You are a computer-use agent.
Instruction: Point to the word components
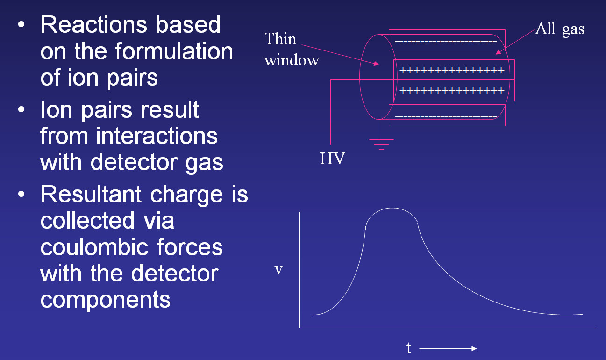point(105,299)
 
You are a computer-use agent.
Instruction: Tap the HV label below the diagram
point(332,159)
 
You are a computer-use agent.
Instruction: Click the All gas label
point(559,29)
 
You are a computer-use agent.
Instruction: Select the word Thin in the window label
point(280,39)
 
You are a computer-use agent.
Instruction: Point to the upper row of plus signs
point(452,71)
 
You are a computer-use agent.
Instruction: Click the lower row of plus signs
point(452,90)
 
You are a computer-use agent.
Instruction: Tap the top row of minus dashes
point(446,42)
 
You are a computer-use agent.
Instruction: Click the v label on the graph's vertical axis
point(278,270)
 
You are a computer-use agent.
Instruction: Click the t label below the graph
point(409,348)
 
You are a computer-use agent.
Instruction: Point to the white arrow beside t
point(449,349)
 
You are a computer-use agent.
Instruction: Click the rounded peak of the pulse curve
point(392,209)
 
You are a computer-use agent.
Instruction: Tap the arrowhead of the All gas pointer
point(498,52)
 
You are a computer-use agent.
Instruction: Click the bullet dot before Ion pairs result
point(21,110)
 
